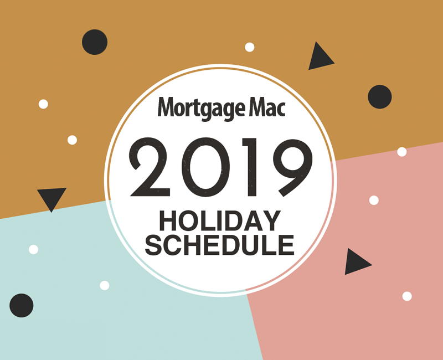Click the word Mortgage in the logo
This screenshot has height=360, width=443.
pyautogui.click(x=201, y=109)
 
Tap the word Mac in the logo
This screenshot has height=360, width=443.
pyautogui.click(x=267, y=107)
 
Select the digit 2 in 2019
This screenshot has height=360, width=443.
pyautogui.click(x=150, y=167)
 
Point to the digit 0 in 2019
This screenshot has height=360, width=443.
pyautogui.click(x=205, y=167)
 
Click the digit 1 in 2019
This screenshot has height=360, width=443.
pyautogui.click(x=250, y=167)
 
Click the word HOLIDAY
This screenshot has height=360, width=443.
pyautogui.click(x=220, y=220)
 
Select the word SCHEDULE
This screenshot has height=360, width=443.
pyautogui.click(x=219, y=245)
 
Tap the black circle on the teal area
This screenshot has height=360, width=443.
pyautogui.click(x=22, y=306)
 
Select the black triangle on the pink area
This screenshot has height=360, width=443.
pyautogui.click(x=356, y=262)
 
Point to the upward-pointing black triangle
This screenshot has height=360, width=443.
pyautogui.click(x=320, y=58)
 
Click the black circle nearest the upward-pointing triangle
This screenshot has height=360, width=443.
pyautogui.click(x=380, y=96)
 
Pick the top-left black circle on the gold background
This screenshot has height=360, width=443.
pyautogui.click(x=95, y=42)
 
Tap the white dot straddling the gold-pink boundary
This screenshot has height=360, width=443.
pyautogui.click(x=402, y=152)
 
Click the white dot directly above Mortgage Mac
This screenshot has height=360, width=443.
pyautogui.click(x=250, y=47)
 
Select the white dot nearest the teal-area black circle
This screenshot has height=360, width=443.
pyautogui.click(x=33, y=250)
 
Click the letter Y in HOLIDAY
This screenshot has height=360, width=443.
pyautogui.click(x=271, y=220)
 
